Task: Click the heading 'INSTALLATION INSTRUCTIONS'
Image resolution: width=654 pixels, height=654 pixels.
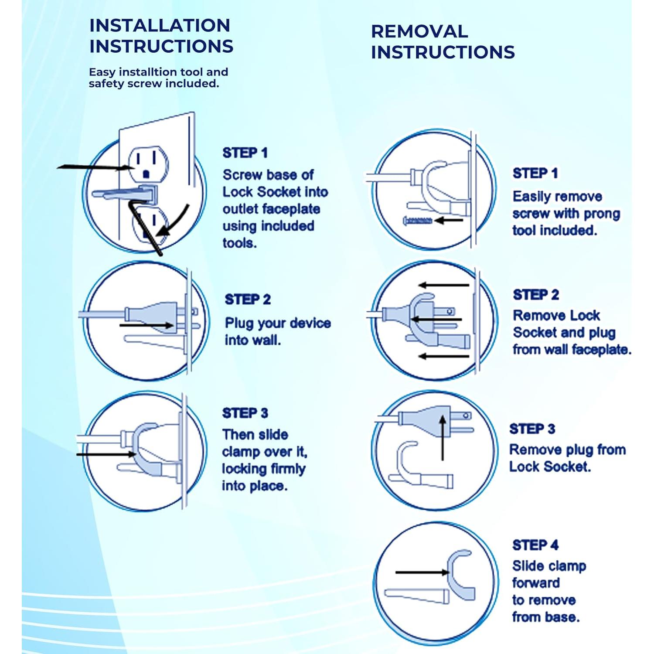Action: tap(161, 36)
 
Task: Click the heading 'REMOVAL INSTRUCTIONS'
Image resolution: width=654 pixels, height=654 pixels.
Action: tap(443, 42)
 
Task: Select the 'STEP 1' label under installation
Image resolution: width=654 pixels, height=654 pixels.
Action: tap(245, 153)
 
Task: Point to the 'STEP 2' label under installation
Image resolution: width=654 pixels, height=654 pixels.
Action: tap(248, 300)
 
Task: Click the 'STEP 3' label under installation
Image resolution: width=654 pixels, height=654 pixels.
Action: tap(245, 413)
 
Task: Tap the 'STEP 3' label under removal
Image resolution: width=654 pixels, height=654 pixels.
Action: tap(532, 429)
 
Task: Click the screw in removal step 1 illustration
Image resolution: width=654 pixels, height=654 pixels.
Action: tap(418, 221)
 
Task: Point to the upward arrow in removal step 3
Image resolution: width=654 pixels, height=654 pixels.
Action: tap(443, 438)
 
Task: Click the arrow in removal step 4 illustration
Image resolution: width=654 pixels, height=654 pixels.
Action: tap(422, 572)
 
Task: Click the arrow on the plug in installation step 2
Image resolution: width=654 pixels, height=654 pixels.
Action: tap(146, 325)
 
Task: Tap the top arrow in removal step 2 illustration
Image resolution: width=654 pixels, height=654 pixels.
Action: tap(443, 285)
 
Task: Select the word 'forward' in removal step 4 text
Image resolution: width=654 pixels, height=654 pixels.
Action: tap(536, 583)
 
